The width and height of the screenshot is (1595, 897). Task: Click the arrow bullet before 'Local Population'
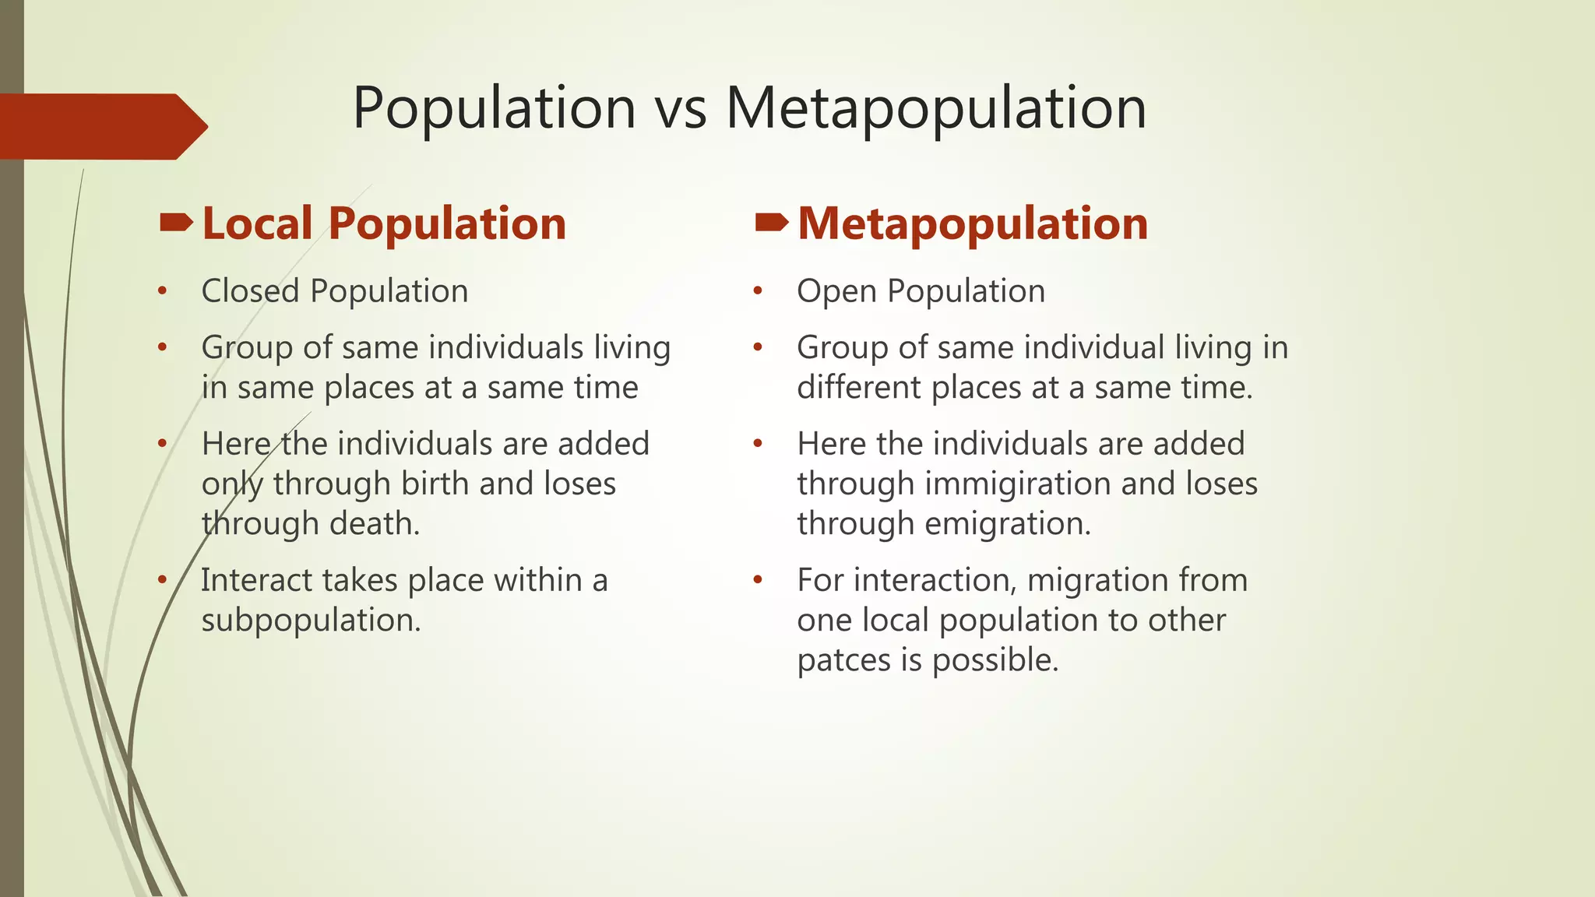176,224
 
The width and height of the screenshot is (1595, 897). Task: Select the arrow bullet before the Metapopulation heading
772,224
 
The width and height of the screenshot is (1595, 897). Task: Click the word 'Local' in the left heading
257,224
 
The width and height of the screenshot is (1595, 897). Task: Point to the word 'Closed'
250,291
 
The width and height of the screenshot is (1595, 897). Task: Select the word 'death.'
375,523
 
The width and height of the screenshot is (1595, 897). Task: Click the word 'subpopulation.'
311,621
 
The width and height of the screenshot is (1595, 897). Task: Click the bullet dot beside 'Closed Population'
162,292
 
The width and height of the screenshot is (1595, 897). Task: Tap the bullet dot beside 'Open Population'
758,292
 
